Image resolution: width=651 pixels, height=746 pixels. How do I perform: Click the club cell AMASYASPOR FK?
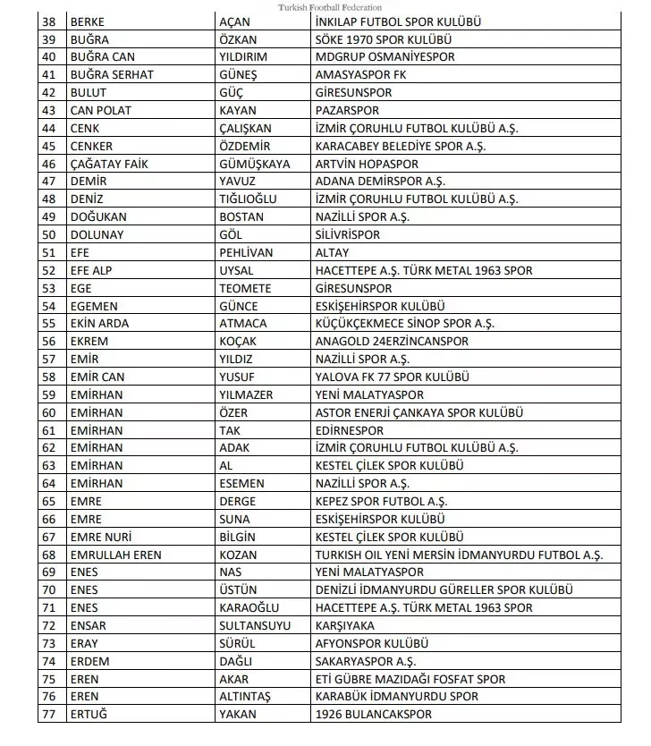(x=360, y=75)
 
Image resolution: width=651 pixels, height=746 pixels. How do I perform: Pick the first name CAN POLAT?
(x=100, y=110)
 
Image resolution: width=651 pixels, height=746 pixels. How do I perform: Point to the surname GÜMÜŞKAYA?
(x=255, y=164)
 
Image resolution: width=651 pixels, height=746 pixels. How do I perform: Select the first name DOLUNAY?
(x=96, y=234)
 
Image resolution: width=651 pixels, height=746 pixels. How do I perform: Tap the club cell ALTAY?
(x=332, y=252)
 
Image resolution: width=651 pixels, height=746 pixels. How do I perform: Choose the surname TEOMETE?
(x=245, y=288)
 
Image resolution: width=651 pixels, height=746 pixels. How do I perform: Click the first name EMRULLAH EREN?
(x=115, y=555)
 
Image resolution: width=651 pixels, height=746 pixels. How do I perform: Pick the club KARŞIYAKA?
(x=345, y=625)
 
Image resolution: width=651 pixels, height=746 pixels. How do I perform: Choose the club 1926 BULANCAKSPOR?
(x=373, y=714)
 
